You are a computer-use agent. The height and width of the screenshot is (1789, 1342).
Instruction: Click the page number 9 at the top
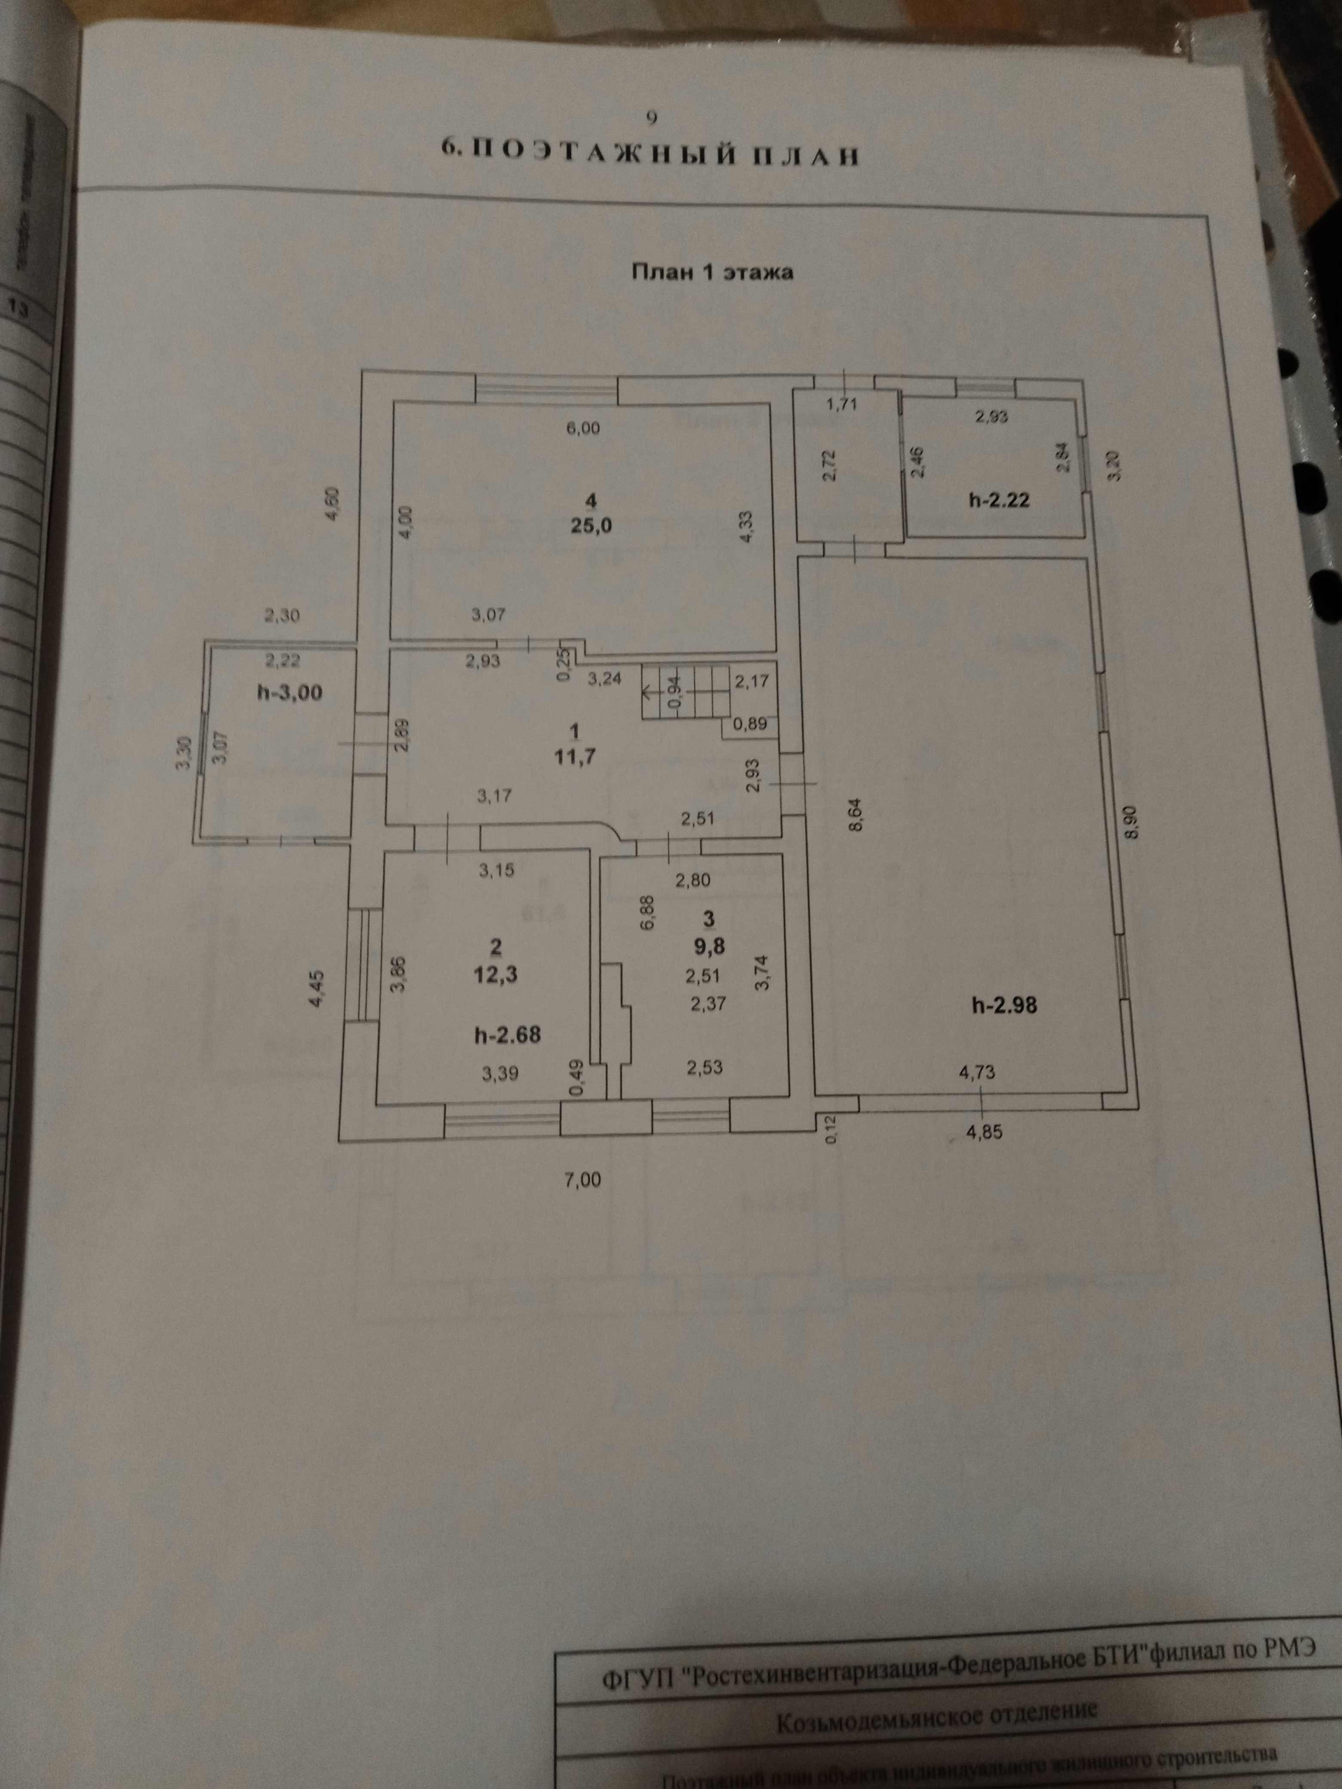point(652,118)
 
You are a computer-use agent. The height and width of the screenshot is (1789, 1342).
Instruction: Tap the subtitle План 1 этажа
point(712,272)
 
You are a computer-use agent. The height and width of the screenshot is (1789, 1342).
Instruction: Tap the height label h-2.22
point(998,500)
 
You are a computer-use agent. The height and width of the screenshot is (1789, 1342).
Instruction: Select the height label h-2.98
point(1004,1007)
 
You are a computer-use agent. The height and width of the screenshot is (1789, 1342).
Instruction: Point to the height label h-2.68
point(507,1034)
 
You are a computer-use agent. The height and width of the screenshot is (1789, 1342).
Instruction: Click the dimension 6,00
point(582,428)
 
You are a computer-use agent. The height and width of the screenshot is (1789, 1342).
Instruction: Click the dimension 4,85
point(983,1132)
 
